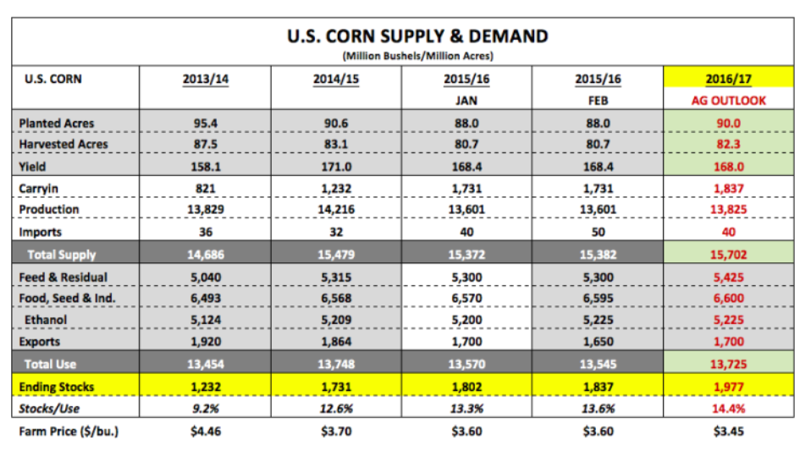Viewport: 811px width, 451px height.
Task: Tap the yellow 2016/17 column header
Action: click(729, 80)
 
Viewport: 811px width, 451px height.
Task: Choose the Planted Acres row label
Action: click(57, 123)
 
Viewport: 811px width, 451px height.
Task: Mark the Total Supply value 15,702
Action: click(729, 254)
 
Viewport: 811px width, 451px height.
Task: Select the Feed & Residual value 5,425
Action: click(729, 277)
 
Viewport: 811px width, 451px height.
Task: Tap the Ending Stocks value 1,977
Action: click(729, 388)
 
